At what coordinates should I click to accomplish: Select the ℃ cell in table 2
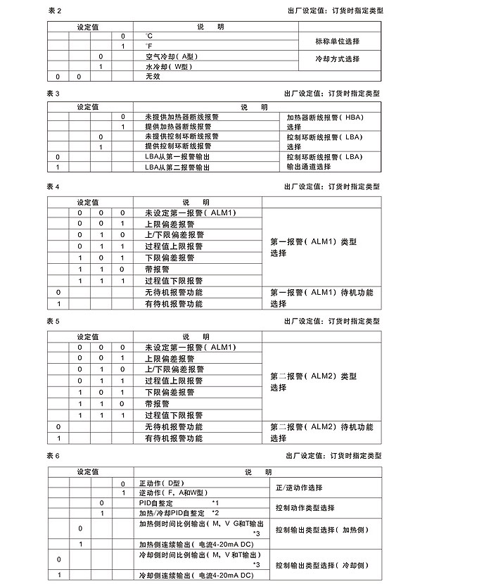[x=149, y=35]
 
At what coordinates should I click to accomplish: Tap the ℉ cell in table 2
[x=149, y=46]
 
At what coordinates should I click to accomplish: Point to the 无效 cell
[x=153, y=76]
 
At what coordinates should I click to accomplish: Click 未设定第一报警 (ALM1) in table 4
[x=190, y=213]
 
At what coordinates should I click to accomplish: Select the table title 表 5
[x=54, y=321]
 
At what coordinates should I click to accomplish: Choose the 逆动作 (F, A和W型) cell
[x=172, y=493]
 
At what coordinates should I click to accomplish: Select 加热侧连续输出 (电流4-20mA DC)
[x=195, y=545]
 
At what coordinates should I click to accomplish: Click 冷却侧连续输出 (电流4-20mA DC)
[x=195, y=576]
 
